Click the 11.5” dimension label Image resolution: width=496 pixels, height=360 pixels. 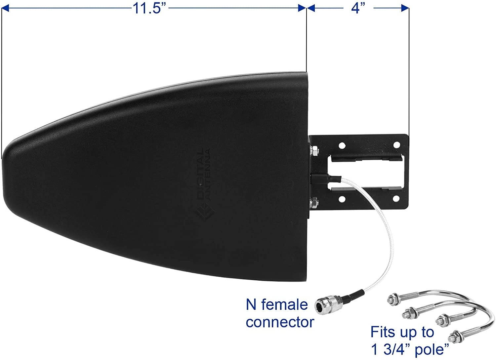pos(149,9)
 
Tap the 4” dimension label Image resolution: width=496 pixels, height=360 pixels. pos(358,9)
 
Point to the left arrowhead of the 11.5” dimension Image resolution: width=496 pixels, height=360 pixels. pos(5,8)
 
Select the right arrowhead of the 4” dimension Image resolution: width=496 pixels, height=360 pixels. pos(405,8)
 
